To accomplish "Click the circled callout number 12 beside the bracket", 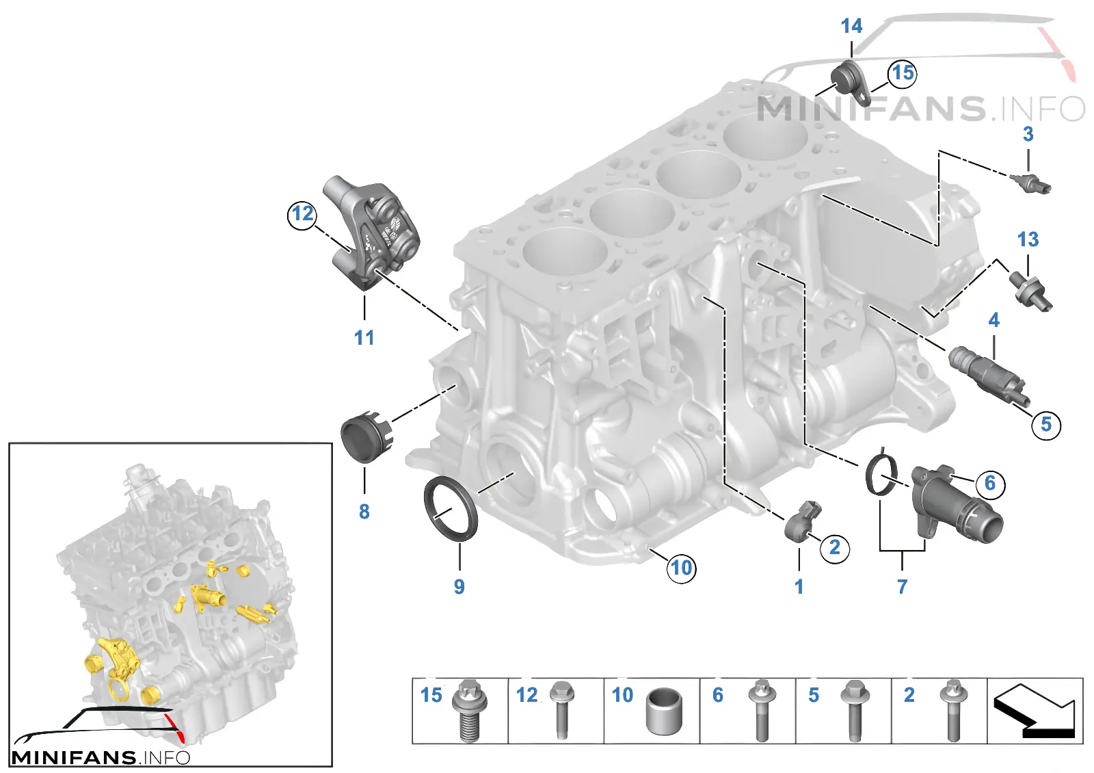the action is (302, 215).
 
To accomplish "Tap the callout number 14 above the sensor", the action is (852, 26).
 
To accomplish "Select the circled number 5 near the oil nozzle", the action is (1045, 424).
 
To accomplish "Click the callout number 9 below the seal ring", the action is (459, 587).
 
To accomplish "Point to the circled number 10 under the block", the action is (682, 568).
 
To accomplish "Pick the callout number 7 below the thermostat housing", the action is (902, 587).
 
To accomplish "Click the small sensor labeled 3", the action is (1030, 184).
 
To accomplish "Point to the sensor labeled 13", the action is (1030, 292).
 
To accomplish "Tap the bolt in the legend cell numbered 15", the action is (469, 711).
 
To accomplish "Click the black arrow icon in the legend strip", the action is (1035, 711).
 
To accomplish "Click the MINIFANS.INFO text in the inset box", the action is (100, 758).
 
